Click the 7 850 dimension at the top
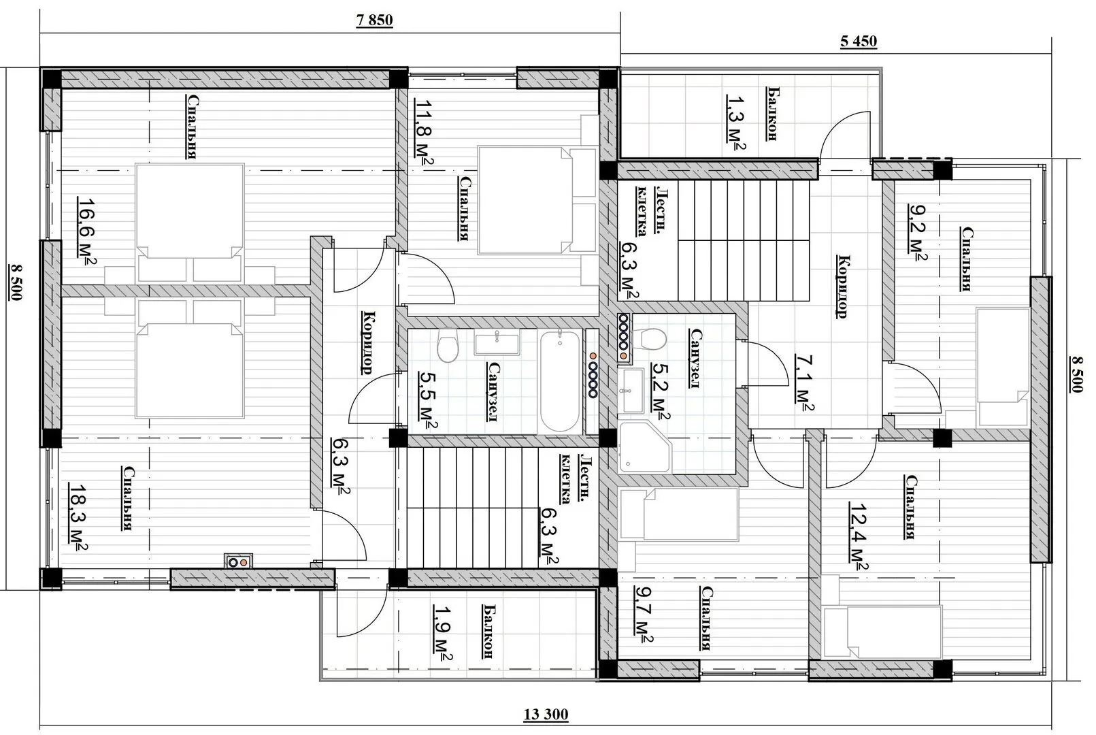[x=374, y=20]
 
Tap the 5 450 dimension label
[x=859, y=42]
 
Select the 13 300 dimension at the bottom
[x=546, y=715]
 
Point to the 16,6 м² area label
[x=86, y=231]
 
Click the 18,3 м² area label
[x=78, y=518]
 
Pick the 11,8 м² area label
[x=424, y=132]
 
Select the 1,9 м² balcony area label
[x=442, y=633]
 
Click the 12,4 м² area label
[x=858, y=536]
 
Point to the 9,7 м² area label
[x=644, y=615]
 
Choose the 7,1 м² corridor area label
[x=804, y=382]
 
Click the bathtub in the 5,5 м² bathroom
[x=560, y=381]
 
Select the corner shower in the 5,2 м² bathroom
[x=644, y=446]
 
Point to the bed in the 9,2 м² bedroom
[x=1003, y=367]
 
